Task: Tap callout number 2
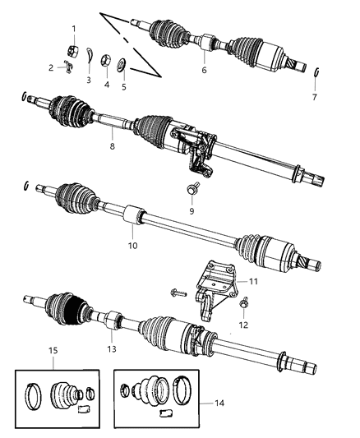(x=51, y=67)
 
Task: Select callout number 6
(x=204, y=70)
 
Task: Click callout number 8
(x=112, y=148)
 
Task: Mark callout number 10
(x=132, y=245)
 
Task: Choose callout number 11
(x=253, y=282)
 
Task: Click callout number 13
(x=110, y=337)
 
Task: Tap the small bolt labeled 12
(x=244, y=306)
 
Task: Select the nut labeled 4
(x=106, y=59)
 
